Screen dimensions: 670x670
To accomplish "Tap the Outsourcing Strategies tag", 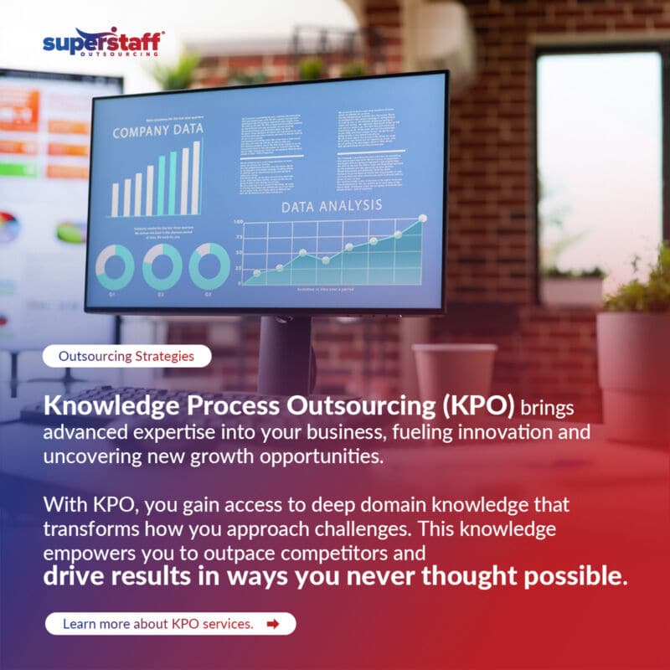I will [126, 356].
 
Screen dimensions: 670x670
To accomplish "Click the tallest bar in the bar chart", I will [197, 178].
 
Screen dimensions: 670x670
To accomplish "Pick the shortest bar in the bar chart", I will [115, 200].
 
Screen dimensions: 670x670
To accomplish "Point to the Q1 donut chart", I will [115, 267].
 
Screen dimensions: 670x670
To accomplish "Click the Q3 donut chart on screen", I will [209, 267].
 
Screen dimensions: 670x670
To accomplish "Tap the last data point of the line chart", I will [422, 219].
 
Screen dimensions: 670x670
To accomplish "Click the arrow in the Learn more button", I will [272, 624].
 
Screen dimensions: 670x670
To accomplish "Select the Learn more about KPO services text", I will [157, 624].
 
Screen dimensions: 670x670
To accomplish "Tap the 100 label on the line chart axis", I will [237, 222].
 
